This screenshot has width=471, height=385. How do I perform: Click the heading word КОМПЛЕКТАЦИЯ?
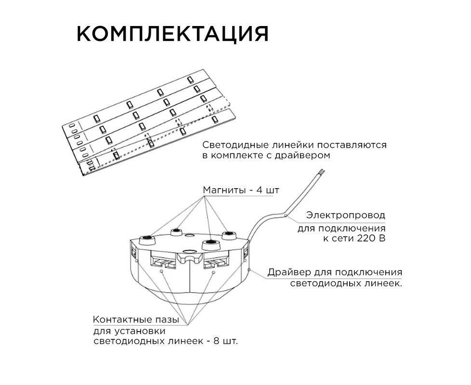point(173,34)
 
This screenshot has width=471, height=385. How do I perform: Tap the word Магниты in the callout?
point(223,190)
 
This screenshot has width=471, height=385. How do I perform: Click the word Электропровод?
point(346,215)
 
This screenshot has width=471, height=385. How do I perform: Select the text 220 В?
point(372,239)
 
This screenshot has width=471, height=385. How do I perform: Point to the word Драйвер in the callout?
point(289,272)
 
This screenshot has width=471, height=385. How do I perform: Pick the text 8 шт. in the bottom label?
point(225,341)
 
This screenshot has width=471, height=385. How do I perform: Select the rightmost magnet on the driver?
point(229,235)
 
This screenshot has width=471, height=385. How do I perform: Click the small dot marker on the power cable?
point(286,215)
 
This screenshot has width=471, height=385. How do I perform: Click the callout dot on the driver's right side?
point(249,270)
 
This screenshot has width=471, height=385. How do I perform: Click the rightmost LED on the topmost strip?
point(190,80)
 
